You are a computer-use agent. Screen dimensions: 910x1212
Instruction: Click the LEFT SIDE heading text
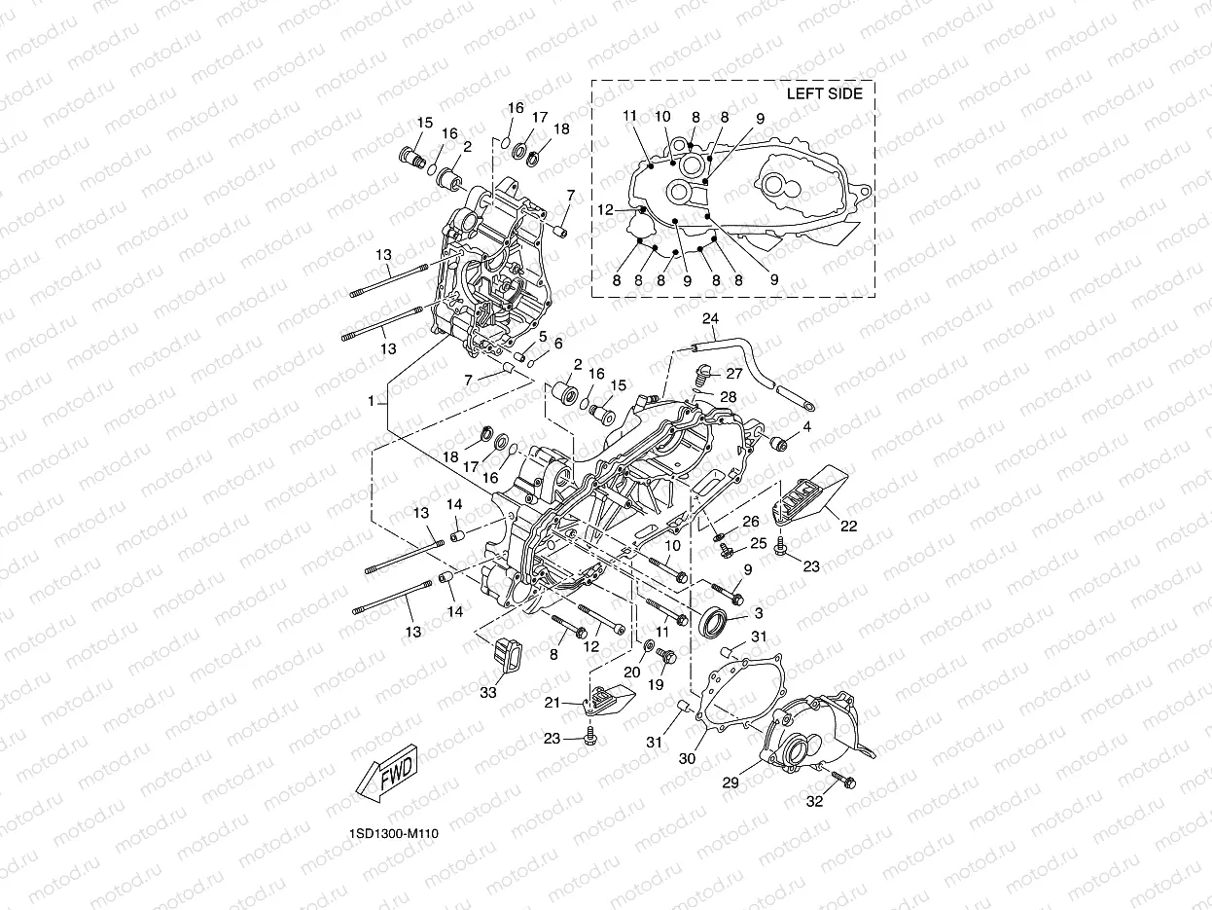[x=824, y=93]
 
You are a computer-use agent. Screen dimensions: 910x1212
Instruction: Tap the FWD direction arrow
[x=386, y=775]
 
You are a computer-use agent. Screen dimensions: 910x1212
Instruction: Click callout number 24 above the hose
[x=709, y=319]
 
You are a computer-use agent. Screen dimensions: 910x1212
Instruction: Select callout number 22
[x=848, y=527]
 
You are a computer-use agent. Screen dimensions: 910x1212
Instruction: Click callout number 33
[x=488, y=692]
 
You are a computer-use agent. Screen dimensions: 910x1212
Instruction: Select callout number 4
[x=806, y=427]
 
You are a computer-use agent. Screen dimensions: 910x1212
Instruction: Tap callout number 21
[x=552, y=703]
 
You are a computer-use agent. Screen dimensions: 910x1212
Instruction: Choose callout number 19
[x=656, y=684]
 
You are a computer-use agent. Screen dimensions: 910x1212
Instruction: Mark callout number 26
[x=750, y=522]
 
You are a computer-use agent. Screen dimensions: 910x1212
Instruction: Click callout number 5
[x=544, y=336]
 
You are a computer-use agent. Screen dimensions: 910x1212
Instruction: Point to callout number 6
[x=558, y=344]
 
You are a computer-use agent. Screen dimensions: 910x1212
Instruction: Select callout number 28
[x=729, y=396]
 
